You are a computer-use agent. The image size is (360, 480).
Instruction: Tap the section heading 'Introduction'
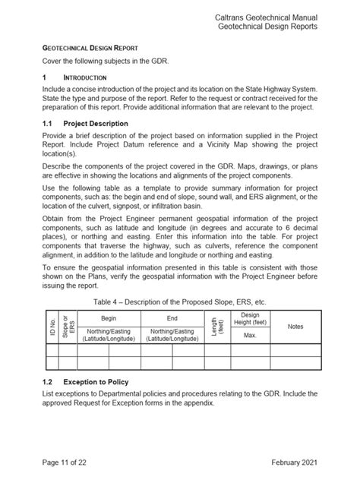[84, 77]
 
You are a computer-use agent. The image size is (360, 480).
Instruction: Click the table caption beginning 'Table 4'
[179, 302]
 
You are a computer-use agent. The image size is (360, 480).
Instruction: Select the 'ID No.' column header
[52, 327]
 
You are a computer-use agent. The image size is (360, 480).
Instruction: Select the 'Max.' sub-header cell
[249, 335]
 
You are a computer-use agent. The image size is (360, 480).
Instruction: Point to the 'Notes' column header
[295, 327]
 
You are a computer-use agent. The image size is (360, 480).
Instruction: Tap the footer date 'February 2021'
[291, 462]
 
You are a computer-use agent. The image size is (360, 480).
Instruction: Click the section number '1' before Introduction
[46, 77]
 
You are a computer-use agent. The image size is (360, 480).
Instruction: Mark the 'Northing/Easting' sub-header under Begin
[109, 331]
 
